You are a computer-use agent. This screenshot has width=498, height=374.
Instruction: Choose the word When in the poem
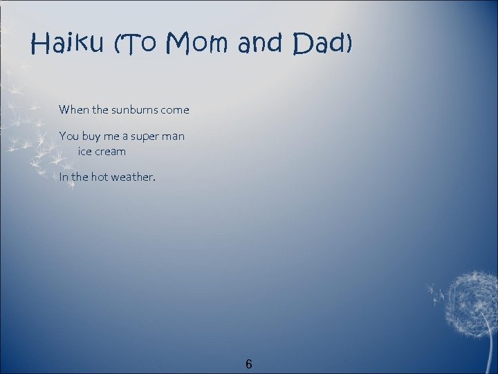[73, 109]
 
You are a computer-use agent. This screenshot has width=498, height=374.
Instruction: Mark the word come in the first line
[175, 109]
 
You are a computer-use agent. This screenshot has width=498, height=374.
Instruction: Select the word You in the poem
[68, 136]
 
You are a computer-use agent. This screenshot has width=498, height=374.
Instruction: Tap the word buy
[93, 136]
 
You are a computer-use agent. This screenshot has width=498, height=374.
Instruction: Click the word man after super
[174, 136]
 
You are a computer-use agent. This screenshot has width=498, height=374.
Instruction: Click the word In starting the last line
[64, 177]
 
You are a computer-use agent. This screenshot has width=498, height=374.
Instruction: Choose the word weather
[134, 177]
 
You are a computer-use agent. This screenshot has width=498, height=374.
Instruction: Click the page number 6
[249, 364]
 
